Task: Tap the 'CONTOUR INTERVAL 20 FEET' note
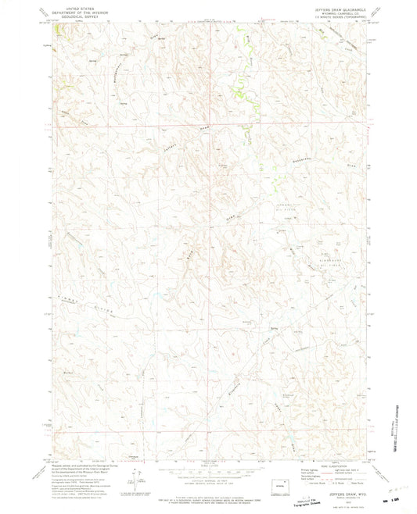208,467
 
